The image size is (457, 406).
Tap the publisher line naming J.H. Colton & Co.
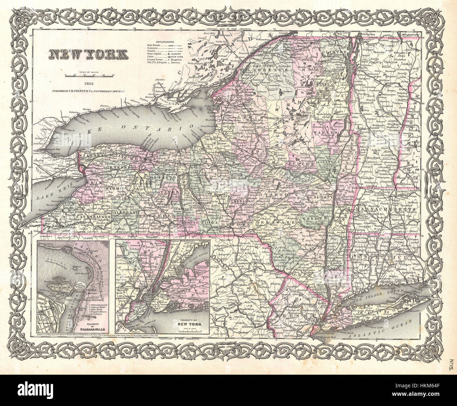coord(88,90)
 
